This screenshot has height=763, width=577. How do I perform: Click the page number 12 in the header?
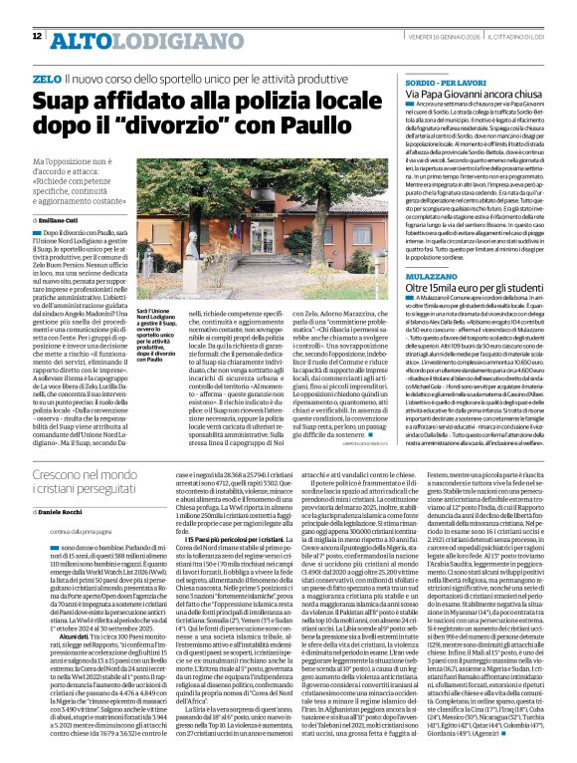(x=36, y=36)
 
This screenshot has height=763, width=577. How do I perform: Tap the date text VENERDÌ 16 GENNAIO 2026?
(x=438, y=37)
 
